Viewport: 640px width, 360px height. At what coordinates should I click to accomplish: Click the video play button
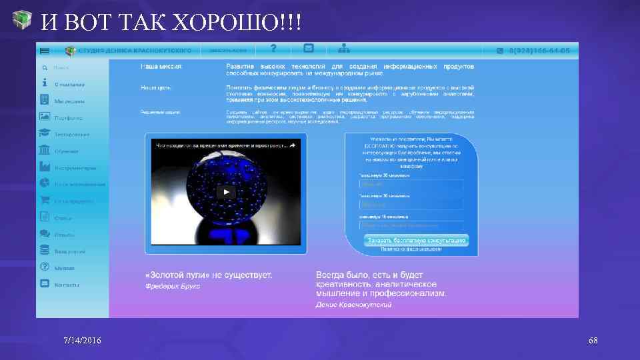click(226, 193)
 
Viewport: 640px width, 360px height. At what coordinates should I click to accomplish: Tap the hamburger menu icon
click(45, 51)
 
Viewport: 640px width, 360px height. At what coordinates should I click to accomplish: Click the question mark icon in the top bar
click(273, 48)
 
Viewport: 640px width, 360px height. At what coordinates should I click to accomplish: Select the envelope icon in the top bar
click(309, 48)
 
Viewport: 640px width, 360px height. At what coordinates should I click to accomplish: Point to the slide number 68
click(593, 341)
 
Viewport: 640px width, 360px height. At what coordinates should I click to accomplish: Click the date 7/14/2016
click(83, 341)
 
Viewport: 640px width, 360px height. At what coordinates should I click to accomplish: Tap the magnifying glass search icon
click(44, 67)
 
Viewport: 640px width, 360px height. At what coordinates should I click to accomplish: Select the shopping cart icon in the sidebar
click(45, 200)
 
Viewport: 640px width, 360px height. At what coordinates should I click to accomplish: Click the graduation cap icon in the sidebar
click(45, 133)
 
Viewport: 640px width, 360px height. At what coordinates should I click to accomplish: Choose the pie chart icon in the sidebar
click(45, 183)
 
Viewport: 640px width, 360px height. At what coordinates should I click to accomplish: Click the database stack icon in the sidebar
click(45, 250)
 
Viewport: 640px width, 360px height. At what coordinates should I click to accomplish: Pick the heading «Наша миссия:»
click(161, 67)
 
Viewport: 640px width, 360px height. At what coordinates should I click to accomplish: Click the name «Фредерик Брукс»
click(173, 286)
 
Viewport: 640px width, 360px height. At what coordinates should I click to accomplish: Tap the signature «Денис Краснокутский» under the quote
click(353, 305)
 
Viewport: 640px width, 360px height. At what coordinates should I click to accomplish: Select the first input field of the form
click(411, 185)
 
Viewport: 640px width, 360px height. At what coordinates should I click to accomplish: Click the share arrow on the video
click(291, 145)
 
